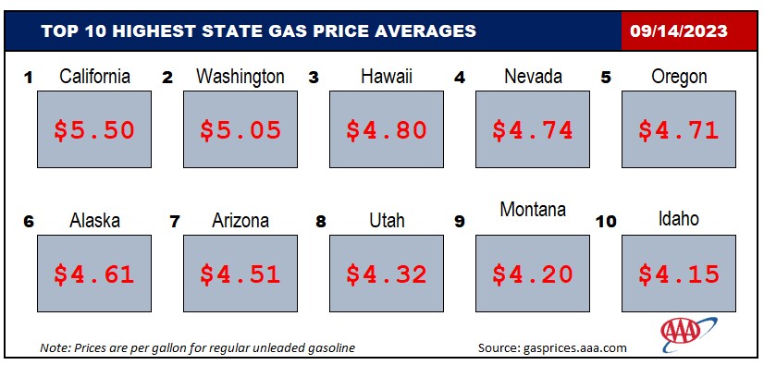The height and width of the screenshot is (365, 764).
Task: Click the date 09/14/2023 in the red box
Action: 678,31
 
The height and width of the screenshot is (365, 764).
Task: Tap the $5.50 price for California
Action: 94,130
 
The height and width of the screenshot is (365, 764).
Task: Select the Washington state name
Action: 240,77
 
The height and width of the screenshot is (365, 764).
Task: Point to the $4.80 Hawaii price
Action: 387,130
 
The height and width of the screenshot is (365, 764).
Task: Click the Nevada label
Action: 533,76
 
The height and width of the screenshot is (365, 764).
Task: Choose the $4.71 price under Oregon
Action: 679,130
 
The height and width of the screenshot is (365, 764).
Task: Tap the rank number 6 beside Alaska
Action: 29,222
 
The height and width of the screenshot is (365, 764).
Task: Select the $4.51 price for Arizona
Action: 240,274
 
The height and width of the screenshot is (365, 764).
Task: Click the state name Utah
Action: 387,220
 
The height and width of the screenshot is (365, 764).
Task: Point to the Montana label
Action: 533,209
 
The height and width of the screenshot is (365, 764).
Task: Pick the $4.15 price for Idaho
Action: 679,274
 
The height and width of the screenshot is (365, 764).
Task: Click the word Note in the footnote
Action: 51,348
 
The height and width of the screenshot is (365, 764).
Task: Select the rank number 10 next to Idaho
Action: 606,222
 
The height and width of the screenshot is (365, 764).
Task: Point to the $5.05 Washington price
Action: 240,130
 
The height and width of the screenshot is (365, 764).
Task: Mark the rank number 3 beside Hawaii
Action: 314,78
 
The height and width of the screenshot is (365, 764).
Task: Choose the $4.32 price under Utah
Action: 387,274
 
